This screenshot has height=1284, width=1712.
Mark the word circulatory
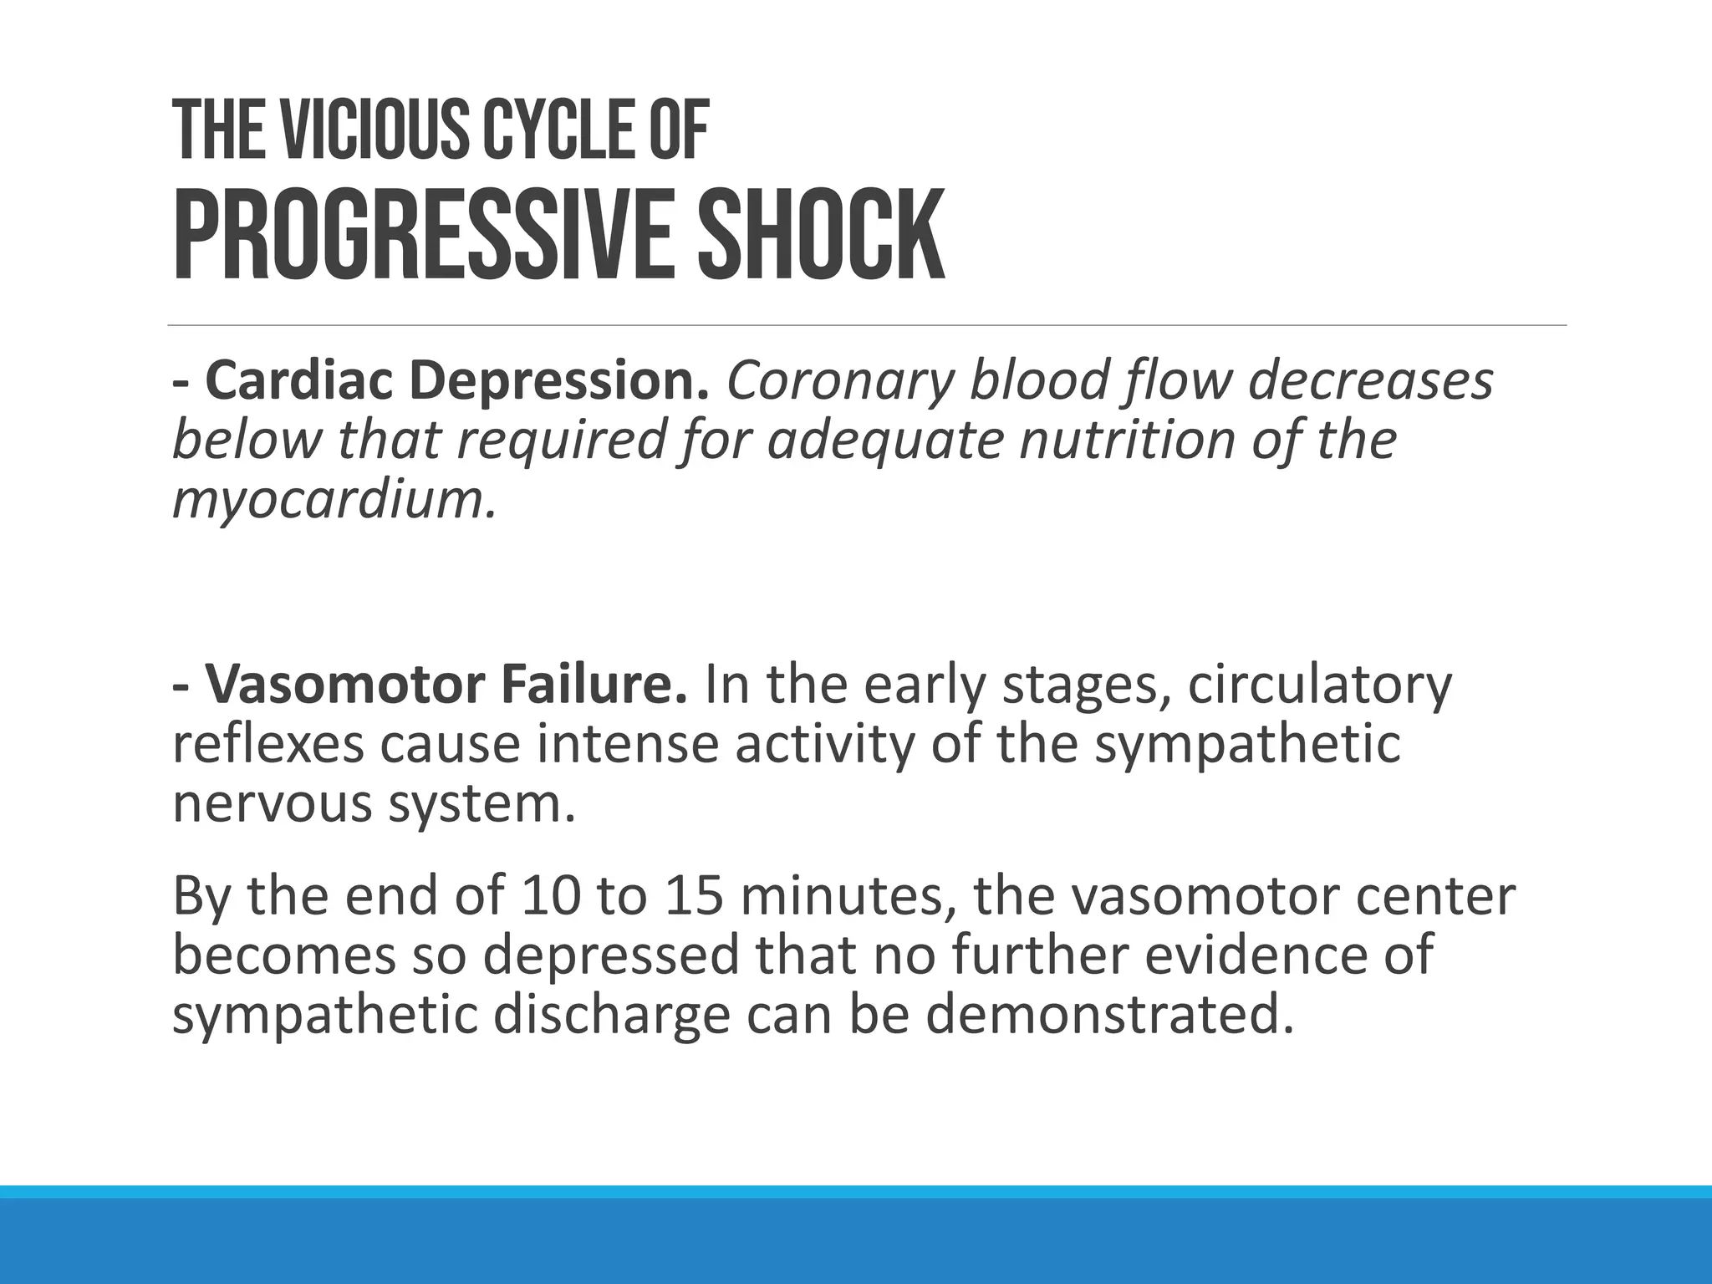[x=1320, y=686]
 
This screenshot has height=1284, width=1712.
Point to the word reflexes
[x=268, y=743]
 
